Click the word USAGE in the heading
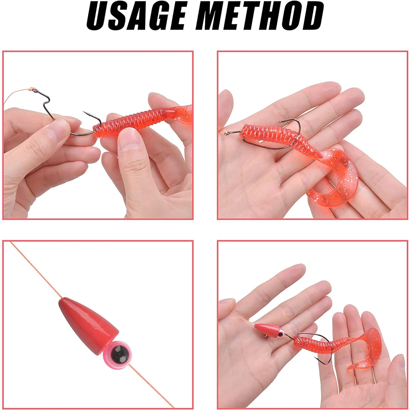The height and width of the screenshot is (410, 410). pos(137,16)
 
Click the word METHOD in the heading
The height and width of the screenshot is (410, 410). pos(260,16)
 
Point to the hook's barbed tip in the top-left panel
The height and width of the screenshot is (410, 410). pos(84,112)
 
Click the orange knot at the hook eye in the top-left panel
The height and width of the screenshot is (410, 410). pos(33,89)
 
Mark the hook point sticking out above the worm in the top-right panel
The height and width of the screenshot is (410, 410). pos(280,122)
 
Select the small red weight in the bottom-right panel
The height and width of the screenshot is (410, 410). pos(267,330)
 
